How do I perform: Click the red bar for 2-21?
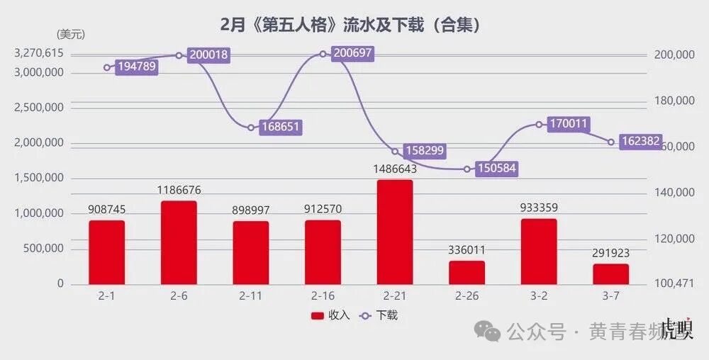[x=395, y=232]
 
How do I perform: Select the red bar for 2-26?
[x=467, y=273]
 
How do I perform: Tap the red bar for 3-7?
[x=611, y=274]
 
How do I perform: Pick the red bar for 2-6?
[x=179, y=242]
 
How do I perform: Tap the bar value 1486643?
[x=395, y=169]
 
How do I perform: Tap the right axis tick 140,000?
[x=674, y=193]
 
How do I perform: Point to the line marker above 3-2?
[x=539, y=125]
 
